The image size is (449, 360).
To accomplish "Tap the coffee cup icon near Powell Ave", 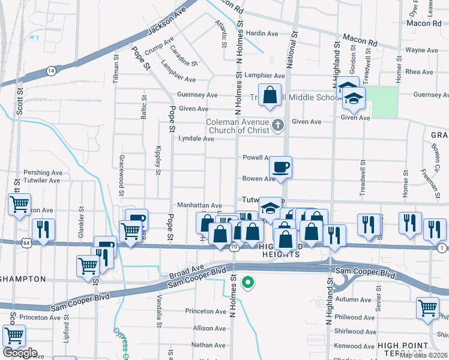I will [280, 166].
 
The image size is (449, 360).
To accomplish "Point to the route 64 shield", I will [26, 242].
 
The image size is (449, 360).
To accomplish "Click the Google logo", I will [19, 353].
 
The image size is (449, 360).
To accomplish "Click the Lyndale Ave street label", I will [196, 139].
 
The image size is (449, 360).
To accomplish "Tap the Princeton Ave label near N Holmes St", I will [205, 311].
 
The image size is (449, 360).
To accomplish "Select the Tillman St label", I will [115, 69].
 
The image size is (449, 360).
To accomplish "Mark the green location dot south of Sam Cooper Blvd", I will [247, 281].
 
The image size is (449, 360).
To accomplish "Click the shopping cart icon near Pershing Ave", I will [19, 205].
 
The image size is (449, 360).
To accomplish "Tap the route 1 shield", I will [442, 248].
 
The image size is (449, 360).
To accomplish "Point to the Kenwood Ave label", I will [357, 346].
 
